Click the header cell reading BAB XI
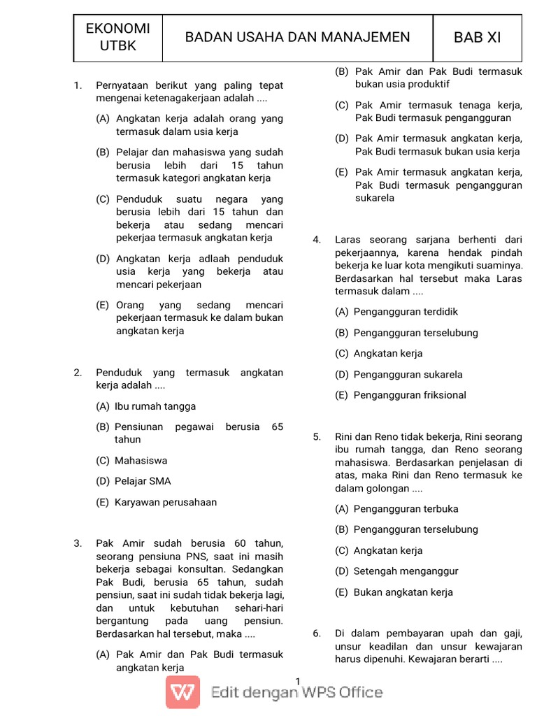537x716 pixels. coord(478,37)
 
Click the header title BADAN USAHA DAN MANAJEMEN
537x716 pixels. coord(297,37)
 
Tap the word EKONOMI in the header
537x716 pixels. coord(118,29)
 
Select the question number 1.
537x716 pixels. coord(78,85)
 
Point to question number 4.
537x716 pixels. coord(317,240)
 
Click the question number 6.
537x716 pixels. coord(317,633)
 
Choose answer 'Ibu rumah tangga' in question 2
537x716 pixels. coord(155,406)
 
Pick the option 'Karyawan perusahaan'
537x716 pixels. coord(166,502)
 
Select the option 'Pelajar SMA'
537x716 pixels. coord(143,481)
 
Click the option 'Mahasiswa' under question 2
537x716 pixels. coord(141,460)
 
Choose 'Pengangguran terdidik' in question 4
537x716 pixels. coord(406,311)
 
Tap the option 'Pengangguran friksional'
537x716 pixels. coord(409,395)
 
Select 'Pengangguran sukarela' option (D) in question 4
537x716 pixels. coord(408,374)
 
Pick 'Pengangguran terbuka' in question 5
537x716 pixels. coord(406,508)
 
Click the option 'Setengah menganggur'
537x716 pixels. coord(406,571)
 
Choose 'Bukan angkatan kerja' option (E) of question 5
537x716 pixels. coord(403,592)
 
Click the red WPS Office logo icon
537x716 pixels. coord(182,692)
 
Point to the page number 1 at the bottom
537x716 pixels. coord(298,681)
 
